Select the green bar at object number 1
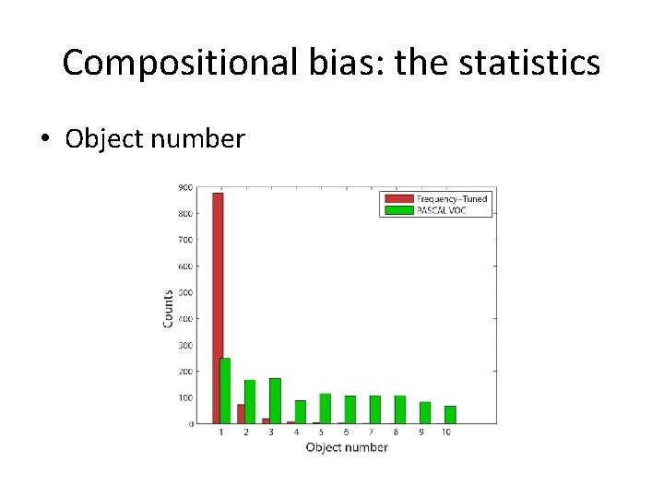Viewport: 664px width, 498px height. click(226, 391)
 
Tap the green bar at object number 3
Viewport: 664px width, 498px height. click(275, 401)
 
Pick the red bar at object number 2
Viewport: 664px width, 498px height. click(242, 414)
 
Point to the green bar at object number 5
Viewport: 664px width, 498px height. click(325, 409)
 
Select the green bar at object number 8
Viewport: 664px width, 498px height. click(400, 409)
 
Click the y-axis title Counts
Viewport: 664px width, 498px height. click(169, 308)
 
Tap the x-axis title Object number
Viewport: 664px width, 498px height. click(347, 447)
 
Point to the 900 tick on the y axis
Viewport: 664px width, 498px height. click(185, 187)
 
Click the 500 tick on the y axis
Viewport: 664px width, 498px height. click(185, 292)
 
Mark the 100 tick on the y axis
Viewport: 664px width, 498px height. click(185, 397)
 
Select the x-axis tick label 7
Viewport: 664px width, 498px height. click(371, 433)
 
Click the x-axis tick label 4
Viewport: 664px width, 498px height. click(296, 433)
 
